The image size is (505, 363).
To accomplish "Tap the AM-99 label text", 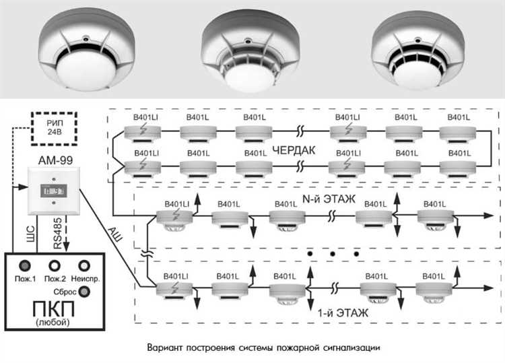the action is point(55,160).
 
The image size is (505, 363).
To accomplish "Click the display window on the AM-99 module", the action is point(53,191).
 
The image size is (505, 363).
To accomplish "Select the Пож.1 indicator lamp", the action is point(25,266).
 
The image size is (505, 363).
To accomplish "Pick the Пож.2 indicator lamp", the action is point(55,266).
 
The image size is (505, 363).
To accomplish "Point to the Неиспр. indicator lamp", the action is point(84,266).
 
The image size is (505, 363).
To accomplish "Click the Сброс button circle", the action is point(84,292).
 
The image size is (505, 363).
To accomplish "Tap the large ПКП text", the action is point(53,309).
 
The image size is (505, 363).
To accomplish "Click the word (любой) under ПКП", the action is point(53,322).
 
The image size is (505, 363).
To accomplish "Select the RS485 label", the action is point(58,234).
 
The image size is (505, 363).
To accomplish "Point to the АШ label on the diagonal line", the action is point(115,234).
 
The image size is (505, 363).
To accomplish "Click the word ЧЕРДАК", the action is point(294,150).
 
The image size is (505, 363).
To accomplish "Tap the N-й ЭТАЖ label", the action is point(329,199).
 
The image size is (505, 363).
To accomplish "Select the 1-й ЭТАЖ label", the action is point(343,312).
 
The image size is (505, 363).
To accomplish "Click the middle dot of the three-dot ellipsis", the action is point(333,254).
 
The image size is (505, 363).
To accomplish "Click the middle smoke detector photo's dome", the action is point(250,77).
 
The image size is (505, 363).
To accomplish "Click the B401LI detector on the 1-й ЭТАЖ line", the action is point(174,289).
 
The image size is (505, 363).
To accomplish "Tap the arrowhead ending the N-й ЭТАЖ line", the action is point(490,216).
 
